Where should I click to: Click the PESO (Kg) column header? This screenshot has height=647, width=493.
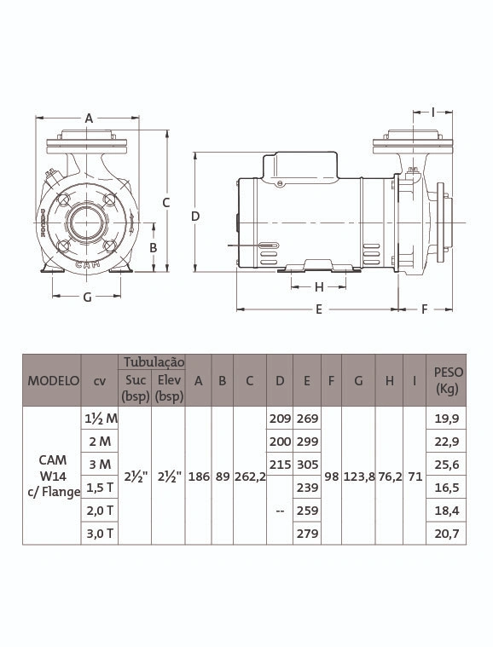[x=446, y=380]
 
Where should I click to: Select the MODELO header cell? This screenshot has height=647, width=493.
[x=53, y=380]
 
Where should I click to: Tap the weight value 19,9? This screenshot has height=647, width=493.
[x=446, y=419]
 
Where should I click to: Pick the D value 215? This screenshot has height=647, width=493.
[x=280, y=465]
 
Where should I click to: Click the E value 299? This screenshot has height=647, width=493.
[x=307, y=442]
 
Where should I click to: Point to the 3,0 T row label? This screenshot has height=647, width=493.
[x=100, y=534]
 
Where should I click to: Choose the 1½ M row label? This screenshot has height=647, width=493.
[x=101, y=419]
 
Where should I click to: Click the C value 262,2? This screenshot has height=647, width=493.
[x=250, y=477]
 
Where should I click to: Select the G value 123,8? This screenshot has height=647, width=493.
[x=358, y=477]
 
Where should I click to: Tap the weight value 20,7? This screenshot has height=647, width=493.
[x=446, y=534]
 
